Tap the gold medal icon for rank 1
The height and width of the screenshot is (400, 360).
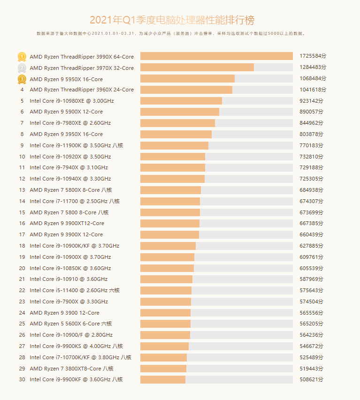coord(22,57)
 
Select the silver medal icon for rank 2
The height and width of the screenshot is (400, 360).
coord(22,68)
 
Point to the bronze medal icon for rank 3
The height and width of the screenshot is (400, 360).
coord(22,79)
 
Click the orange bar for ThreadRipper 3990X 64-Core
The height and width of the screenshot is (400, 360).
coord(216,56)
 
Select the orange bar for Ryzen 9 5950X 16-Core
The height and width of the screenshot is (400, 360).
coord(187,79)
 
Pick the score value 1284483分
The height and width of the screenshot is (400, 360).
coord(312,68)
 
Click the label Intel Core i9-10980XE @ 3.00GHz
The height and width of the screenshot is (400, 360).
coord(71,101)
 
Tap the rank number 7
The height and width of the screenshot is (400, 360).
coord(22,123)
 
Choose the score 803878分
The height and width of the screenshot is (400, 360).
coord(312,134)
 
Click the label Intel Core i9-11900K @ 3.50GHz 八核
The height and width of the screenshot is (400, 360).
coord(77,145)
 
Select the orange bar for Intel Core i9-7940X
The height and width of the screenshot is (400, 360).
coord(172,167)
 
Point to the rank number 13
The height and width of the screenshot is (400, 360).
coord(22,190)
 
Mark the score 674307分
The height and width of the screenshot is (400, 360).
coord(312,201)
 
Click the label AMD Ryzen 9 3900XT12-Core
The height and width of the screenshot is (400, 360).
coord(67,223)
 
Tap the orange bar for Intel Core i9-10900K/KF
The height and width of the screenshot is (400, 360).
coord(168,246)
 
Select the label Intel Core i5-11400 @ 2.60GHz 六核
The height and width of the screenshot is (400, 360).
coord(75,290)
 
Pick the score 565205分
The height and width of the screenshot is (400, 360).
coord(312,324)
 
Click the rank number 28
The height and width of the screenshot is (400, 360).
coord(22,357)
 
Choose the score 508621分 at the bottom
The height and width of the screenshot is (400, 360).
coord(312,379)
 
